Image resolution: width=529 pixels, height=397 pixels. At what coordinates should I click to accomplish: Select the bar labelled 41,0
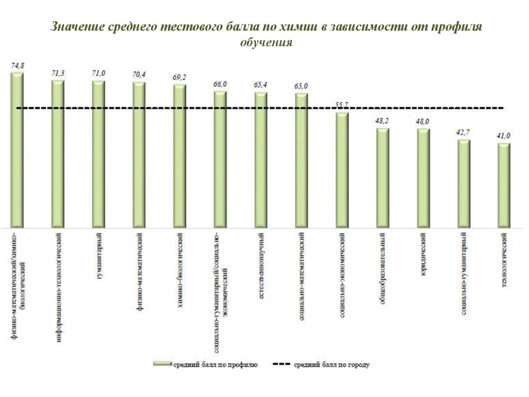[x=504, y=185]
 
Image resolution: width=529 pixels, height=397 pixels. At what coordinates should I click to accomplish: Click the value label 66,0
[x=220, y=85]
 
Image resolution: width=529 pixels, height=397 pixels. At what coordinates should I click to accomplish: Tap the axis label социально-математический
[x=302, y=274]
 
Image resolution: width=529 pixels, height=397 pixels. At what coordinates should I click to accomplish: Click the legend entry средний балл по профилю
[x=212, y=364]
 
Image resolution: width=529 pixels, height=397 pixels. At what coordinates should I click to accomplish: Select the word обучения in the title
[x=264, y=43]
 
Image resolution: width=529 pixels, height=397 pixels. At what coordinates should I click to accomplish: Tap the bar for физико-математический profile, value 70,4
[x=139, y=155]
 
